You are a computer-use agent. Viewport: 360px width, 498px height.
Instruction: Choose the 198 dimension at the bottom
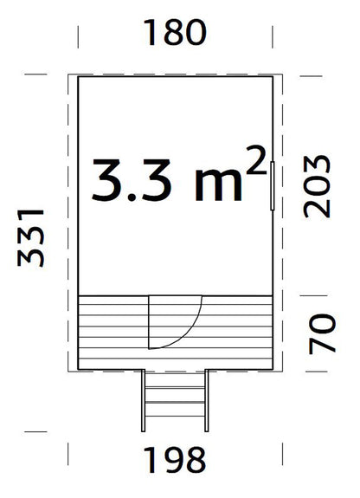pos(175,459)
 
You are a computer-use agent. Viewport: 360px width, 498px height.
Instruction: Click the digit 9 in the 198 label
pos(175,459)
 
